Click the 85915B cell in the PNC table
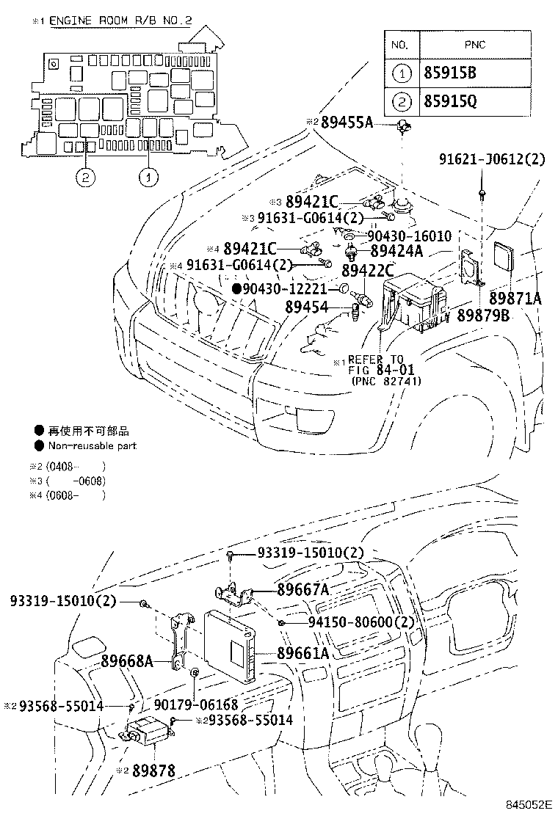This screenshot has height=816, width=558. (449, 73)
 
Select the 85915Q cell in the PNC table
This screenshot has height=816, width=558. (449, 101)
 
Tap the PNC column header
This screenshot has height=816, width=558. (474, 45)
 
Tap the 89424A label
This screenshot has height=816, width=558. (397, 251)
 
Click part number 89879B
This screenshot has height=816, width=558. (484, 315)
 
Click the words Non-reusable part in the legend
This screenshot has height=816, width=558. (92, 445)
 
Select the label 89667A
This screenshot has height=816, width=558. (302, 589)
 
